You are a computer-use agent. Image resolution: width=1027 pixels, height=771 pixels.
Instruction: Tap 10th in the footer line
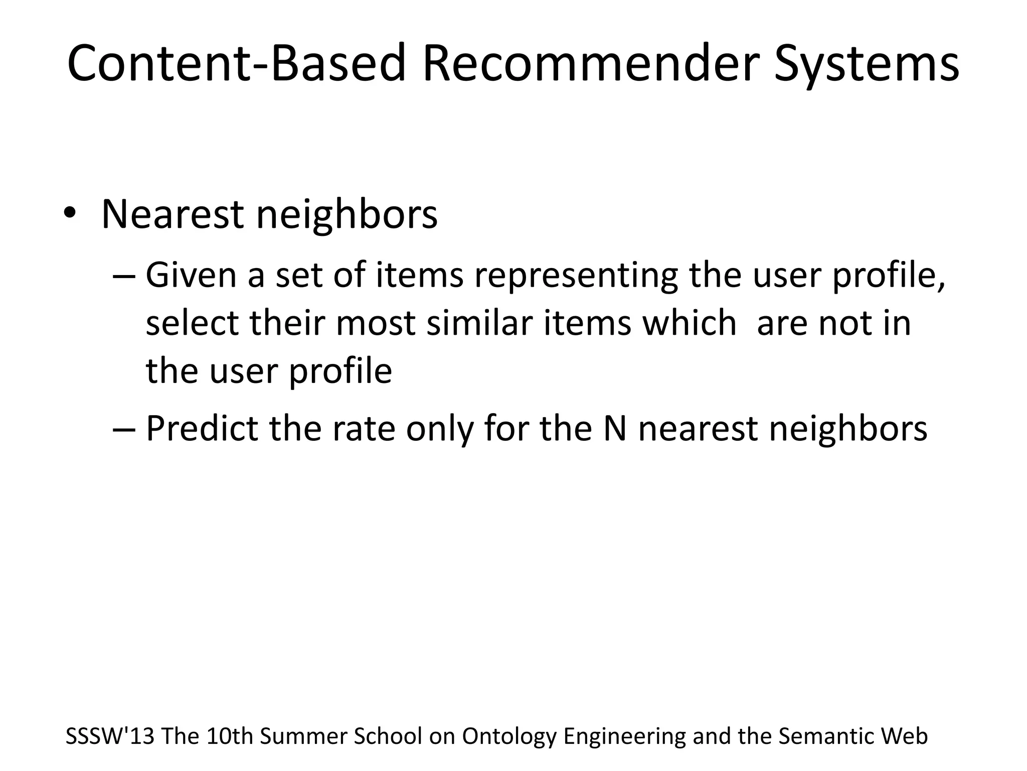[x=229, y=736]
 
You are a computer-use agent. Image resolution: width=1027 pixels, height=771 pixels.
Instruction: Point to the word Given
[x=191, y=276]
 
